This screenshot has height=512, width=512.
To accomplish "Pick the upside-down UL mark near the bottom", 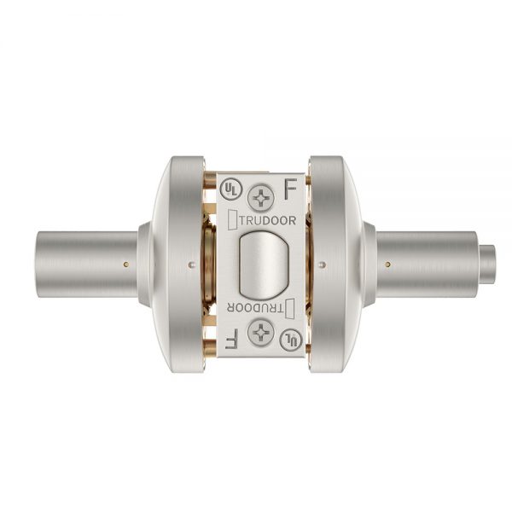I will tap(294, 340).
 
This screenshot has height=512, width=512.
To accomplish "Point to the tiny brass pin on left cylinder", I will tap(126, 264).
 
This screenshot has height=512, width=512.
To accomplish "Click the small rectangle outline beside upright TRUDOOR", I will tap(233, 219).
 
